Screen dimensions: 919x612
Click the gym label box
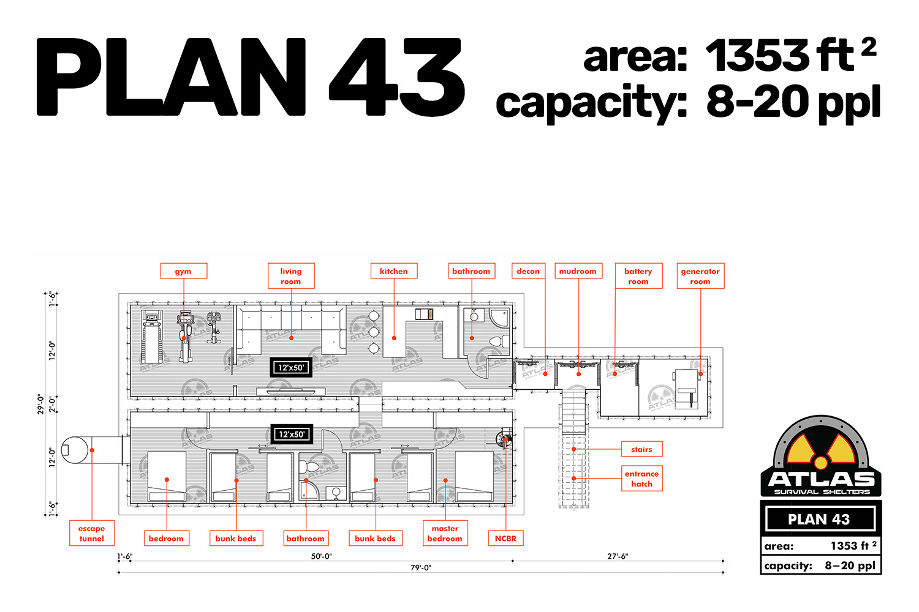coord(183,271)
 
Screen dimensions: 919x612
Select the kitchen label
coord(394,271)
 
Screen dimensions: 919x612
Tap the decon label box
coord(528,271)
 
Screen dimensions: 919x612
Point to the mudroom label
coord(578,271)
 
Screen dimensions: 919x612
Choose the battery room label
coord(638,276)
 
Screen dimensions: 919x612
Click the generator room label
coord(700,276)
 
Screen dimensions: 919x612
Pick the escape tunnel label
coord(92,533)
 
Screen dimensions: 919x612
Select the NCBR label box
coord(505,538)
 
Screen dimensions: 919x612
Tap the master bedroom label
coord(445,533)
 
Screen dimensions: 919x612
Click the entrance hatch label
coord(641,479)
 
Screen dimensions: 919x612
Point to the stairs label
coord(641,449)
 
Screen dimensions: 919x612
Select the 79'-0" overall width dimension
coord(421,568)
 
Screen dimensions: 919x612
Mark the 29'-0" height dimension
coord(40,404)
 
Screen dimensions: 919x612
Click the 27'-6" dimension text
coord(618,556)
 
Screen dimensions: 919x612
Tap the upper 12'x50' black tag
coord(291,367)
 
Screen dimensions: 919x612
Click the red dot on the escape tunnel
coord(92,450)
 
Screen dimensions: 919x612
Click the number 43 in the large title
coord(397,77)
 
